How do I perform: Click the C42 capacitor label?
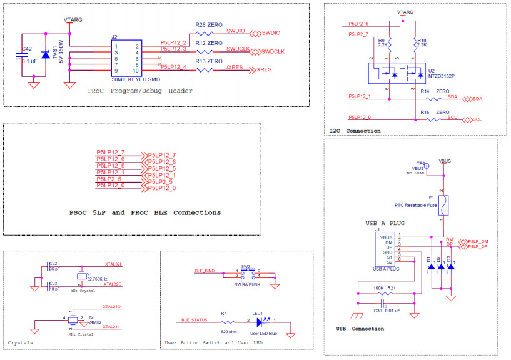point(27,49)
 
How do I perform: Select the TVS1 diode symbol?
point(45,56)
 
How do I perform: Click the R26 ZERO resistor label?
point(209,25)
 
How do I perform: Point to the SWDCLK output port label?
point(273,51)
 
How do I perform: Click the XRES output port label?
point(263,70)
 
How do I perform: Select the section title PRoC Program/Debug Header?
point(139,91)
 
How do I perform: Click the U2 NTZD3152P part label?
point(442,73)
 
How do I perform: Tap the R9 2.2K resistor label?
point(384,42)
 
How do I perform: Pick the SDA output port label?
point(477,99)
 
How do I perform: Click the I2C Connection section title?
point(355,131)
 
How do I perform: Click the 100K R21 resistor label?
point(384,288)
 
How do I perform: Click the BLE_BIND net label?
point(204,271)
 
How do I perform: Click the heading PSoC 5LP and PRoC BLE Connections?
point(145,212)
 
